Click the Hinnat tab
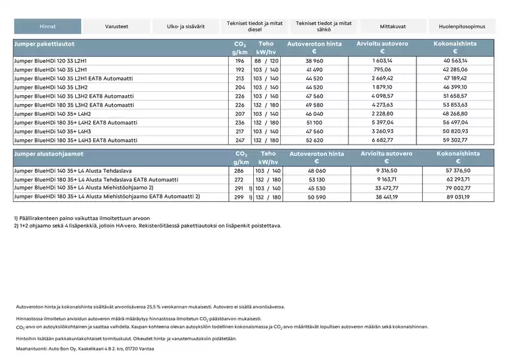[48, 26]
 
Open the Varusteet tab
[116, 26]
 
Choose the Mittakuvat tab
[393, 26]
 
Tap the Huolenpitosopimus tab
[462, 26]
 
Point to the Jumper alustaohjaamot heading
[48, 154]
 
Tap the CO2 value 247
[240, 139]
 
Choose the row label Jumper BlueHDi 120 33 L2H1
[51, 60]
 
